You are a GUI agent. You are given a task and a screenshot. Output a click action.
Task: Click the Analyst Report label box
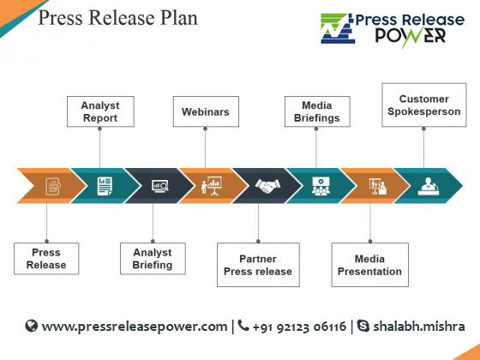[100, 111]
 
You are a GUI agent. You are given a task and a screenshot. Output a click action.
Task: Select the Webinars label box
[206, 111]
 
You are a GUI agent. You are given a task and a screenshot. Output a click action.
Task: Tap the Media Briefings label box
[317, 111]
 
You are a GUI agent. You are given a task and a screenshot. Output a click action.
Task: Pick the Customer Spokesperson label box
[424, 105]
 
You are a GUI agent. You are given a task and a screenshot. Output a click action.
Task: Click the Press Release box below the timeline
[46, 259]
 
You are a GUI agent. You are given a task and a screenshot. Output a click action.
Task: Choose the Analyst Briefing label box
[153, 259]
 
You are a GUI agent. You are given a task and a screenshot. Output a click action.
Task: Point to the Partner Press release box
[258, 265]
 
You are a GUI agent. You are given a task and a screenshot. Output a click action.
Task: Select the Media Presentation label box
[369, 265]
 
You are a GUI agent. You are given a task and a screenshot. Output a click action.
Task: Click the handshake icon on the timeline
[267, 186]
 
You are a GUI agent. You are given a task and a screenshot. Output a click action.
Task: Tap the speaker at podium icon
[428, 186]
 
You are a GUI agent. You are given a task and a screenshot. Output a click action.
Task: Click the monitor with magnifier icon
[160, 186]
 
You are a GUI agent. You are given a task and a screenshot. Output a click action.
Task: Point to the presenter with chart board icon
[211, 186]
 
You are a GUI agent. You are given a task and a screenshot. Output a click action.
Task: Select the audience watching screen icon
[321, 186]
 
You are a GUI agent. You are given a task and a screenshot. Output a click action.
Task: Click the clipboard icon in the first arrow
[53, 186]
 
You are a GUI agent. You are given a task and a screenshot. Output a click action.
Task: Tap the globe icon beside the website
[31, 326]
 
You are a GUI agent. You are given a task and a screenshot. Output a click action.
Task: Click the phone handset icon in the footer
[243, 326]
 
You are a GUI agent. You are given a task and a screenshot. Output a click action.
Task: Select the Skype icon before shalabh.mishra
[363, 326]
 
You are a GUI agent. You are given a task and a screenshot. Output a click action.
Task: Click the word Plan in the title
[179, 17]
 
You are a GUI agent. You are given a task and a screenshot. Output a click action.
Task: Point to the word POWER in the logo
[411, 36]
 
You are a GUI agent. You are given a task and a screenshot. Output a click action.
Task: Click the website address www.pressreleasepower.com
[135, 327]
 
